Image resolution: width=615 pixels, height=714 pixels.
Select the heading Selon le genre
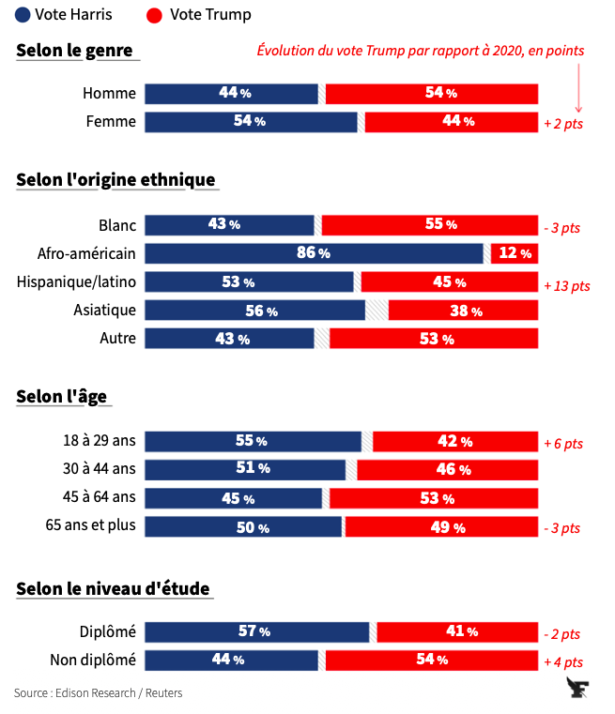click(74, 51)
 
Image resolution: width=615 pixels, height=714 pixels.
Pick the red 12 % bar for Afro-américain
click(515, 253)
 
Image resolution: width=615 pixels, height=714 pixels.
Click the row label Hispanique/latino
click(76, 281)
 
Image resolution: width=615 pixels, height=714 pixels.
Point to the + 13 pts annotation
click(567, 285)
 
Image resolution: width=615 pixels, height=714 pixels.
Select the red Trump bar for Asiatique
click(464, 311)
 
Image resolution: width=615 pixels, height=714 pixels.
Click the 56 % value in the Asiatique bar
click(260, 311)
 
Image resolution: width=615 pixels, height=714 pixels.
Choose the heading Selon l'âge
click(61, 396)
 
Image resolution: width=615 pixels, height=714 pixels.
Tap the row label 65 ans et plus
click(91, 525)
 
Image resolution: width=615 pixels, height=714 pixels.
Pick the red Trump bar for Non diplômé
click(432, 661)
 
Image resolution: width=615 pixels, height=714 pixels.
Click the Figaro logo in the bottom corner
click(579, 690)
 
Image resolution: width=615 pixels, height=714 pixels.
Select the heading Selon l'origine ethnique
click(115, 180)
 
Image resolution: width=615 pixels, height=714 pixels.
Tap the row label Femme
click(111, 122)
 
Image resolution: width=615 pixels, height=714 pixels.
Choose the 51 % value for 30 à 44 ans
click(251, 468)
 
